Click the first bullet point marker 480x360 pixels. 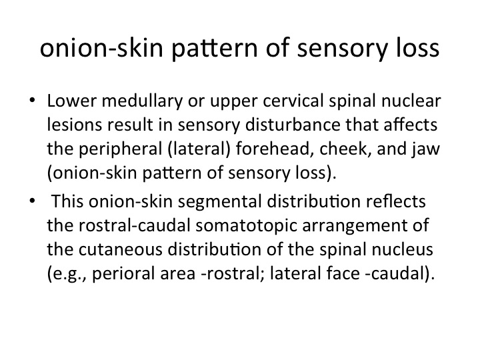click(32, 100)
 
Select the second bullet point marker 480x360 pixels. click(32, 201)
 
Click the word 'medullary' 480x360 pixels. click(143, 101)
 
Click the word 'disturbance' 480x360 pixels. click(293, 125)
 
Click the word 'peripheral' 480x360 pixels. click(120, 149)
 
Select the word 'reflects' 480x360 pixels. click(396, 201)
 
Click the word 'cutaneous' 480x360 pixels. click(120, 249)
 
